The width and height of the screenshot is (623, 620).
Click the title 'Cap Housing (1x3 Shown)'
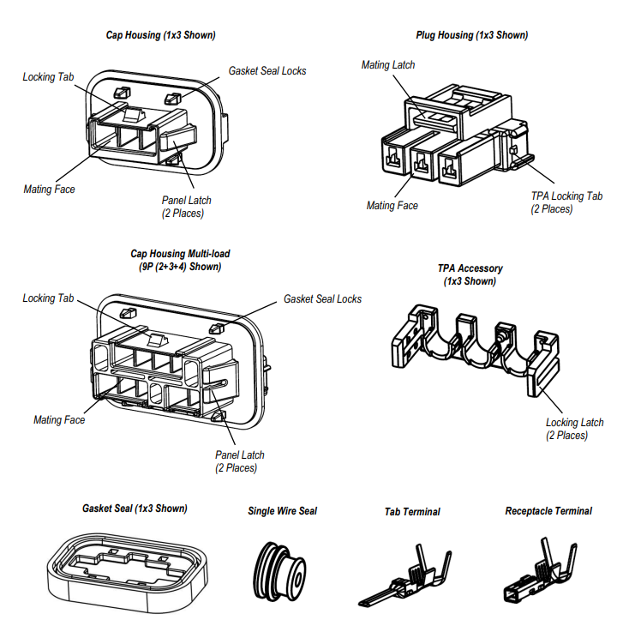(159, 35)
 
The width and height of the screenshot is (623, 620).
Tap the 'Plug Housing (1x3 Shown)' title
(471, 35)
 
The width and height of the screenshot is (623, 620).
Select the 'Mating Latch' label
(388, 65)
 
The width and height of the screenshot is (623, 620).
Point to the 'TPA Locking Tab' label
(566, 196)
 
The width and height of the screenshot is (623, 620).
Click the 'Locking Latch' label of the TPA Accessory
(574, 422)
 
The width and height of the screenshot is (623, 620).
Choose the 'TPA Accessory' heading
(470, 268)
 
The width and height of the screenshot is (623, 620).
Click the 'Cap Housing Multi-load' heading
(180, 254)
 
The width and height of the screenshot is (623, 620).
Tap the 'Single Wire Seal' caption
(282, 511)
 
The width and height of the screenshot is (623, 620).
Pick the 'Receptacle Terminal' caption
(548, 511)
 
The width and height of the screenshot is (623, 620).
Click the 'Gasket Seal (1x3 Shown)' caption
(135, 509)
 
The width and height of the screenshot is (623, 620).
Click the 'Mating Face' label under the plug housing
(392, 206)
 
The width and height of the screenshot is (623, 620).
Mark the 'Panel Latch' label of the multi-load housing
(240, 455)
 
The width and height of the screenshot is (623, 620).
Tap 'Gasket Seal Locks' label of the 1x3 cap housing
(267, 71)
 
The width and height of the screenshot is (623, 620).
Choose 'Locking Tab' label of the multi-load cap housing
(49, 298)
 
